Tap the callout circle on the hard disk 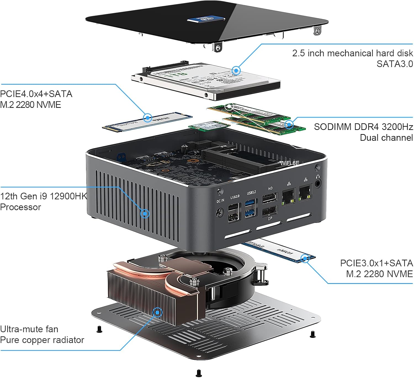[x=236, y=71]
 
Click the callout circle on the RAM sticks [x=289, y=124]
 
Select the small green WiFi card [x=209, y=126]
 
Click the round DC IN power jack [x=219, y=213]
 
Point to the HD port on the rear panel [x=269, y=199]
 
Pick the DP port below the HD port [x=270, y=211]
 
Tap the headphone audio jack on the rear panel [x=318, y=182]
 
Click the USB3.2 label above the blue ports [x=251, y=192]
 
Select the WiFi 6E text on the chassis [x=290, y=163]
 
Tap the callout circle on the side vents [x=145, y=213]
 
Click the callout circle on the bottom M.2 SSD [x=305, y=259]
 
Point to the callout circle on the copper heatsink [x=158, y=313]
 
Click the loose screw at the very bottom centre [x=199, y=373]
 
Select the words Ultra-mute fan [x=29, y=329]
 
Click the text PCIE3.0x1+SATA [x=376, y=263]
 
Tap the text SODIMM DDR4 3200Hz [x=363, y=127]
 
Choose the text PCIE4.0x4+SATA [x=36, y=94]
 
